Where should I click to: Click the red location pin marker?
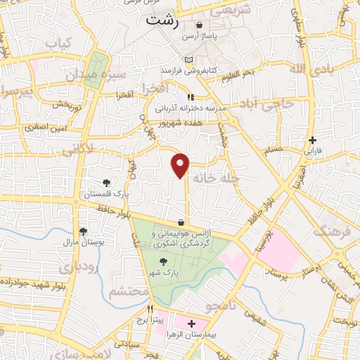pos(181,163)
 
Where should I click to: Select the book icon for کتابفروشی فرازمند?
pos(187,60)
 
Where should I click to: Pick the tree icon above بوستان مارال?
pos(84,231)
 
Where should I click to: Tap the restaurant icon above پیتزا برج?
pos(150,309)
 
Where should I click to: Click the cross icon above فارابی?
pos(312,140)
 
